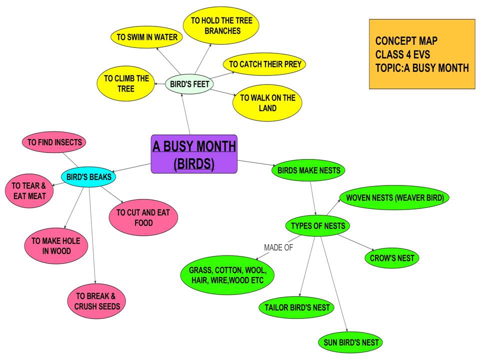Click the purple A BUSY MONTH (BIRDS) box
tap(194, 154)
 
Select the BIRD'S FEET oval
tap(189, 84)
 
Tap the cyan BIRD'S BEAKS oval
tap(89, 176)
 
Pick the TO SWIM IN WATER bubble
tap(147, 37)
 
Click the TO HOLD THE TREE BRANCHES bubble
tap(221, 25)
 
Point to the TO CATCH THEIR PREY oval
tap(265, 64)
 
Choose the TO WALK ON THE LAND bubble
tap(267, 103)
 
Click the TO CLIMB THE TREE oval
tap(126, 83)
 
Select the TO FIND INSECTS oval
tap(54, 142)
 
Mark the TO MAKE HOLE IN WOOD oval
tap(56, 246)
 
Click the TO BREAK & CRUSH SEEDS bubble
tap(97, 300)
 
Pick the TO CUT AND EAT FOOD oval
tap(143, 217)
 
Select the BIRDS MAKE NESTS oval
tap(308, 170)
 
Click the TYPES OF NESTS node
tap(317, 225)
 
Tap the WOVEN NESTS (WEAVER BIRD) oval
tap(394, 197)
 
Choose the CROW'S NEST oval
tap(392, 258)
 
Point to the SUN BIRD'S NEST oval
tap(350, 343)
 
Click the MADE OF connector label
tap(278, 247)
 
